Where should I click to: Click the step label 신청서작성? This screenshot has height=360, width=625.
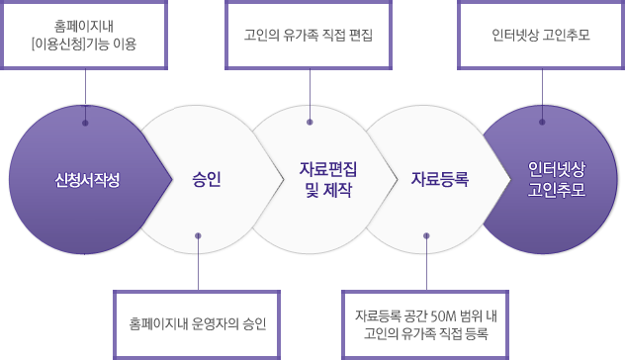tap(87, 180)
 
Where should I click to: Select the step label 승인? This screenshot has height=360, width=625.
tap(207, 179)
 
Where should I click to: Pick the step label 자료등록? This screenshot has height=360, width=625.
tap(439, 179)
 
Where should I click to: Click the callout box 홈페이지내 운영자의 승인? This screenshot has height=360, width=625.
tap(198, 323)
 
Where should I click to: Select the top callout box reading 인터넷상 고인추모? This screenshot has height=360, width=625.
tap(541, 35)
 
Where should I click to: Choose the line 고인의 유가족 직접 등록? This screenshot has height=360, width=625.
tap(425, 333)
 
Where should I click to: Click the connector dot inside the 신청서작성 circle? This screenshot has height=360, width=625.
tap(85, 123)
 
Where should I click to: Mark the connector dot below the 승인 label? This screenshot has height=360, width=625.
tap(198, 235)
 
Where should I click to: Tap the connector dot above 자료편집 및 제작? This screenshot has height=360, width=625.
tap(310, 123)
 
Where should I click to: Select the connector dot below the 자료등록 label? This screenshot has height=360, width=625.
tap(426, 235)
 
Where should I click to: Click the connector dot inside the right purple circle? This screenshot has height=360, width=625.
tap(542, 123)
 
